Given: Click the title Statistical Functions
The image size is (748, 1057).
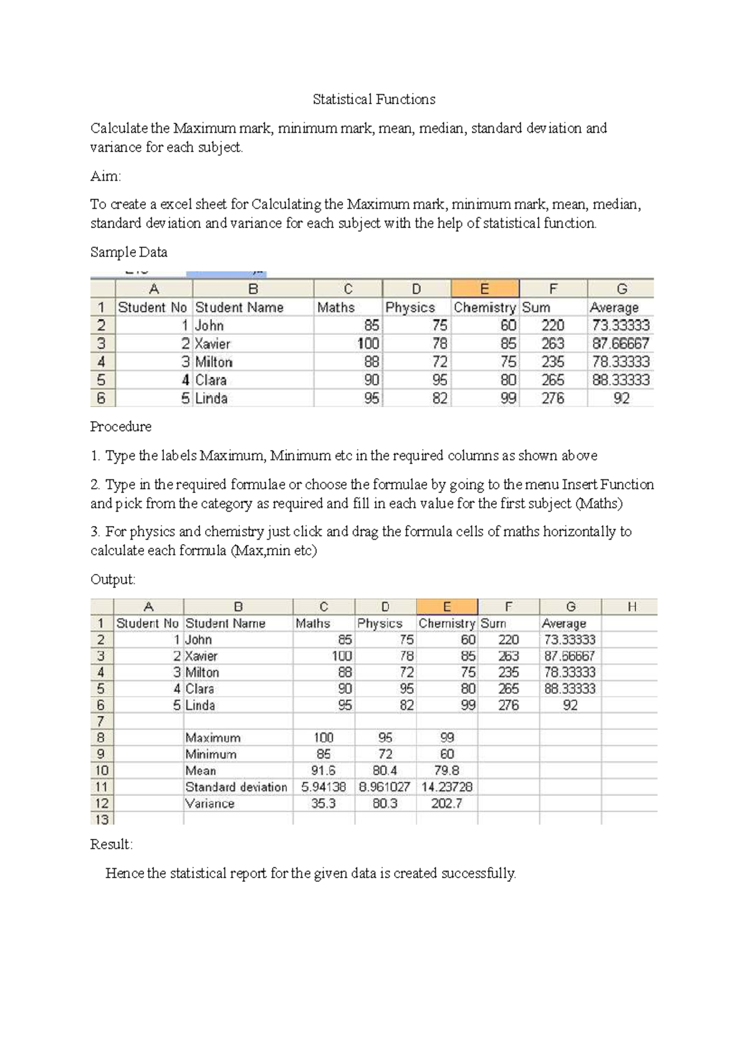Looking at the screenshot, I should click(x=373, y=99).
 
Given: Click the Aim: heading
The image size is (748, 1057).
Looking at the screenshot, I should click(x=105, y=176).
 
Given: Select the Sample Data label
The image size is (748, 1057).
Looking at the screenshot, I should click(x=128, y=252).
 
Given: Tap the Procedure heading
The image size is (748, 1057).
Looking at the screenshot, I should click(x=121, y=427).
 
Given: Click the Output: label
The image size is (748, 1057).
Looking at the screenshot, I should click(x=113, y=580).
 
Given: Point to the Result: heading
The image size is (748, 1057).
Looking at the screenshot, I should click(x=112, y=844).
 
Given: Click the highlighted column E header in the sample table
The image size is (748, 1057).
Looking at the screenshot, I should click(x=484, y=289).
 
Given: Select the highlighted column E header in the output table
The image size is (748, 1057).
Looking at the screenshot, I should click(x=446, y=607).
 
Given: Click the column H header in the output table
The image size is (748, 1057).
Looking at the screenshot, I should click(x=631, y=607).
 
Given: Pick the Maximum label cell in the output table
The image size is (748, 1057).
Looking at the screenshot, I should click(x=213, y=738).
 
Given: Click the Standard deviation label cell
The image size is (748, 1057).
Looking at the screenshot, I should click(x=236, y=787).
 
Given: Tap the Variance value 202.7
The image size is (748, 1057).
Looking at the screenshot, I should click(x=446, y=803).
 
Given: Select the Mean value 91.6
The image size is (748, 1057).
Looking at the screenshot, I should click(x=323, y=771).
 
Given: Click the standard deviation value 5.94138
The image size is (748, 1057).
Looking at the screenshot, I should click(x=323, y=787).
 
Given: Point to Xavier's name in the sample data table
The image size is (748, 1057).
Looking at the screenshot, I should click(x=213, y=344).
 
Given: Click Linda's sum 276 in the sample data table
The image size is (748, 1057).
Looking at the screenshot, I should click(x=552, y=398).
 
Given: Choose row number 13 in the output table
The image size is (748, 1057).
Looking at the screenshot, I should click(x=101, y=820).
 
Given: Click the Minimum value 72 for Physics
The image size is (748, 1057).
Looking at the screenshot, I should click(x=385, y=754).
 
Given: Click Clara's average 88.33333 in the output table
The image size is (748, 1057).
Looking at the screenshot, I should click(x=570, y=689).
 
